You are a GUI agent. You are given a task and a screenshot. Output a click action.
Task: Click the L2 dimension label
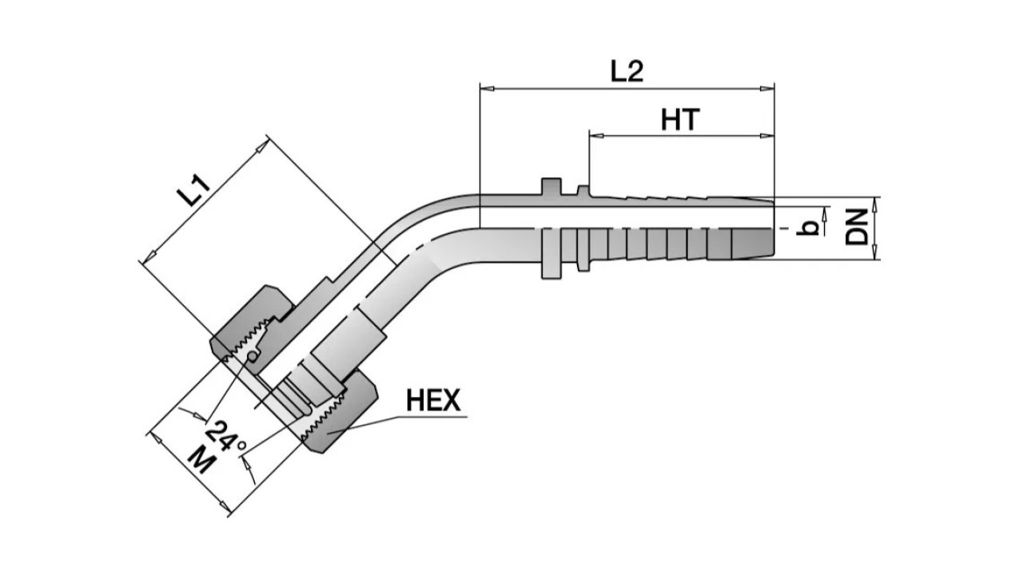tap(627, 71)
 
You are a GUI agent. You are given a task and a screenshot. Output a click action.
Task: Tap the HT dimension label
tap(680, 120)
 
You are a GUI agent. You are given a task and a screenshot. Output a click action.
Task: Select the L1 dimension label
tap(194, 192)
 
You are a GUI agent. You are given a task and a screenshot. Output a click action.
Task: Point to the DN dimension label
tap(859, 227)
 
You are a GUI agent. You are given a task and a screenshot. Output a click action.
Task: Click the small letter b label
tap(810, 228)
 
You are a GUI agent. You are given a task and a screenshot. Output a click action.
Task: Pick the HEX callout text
tap(433, 400)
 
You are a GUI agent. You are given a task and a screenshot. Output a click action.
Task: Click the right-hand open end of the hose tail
tap(773, 228)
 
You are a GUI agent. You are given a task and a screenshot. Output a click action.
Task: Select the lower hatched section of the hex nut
tap(340, 419)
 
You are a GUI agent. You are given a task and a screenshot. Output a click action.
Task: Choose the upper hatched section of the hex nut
tap(240, 327)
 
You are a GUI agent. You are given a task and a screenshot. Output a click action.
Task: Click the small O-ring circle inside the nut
tap(253, 356)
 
